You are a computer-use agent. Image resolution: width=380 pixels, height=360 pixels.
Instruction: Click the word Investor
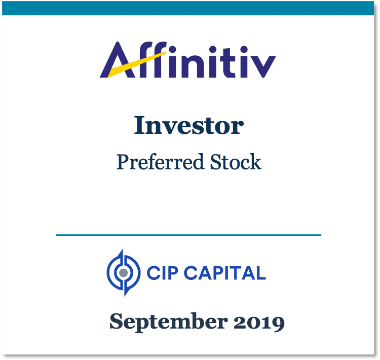[x=188, y=125]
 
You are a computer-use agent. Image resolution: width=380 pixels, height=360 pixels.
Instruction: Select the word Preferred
[x=160, y=162]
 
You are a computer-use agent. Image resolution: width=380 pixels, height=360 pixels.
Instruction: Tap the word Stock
[x=236, y=162]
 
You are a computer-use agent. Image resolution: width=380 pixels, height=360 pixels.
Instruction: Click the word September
[x=169, y=322]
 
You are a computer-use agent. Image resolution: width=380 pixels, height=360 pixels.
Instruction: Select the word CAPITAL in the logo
[x=225, y=273]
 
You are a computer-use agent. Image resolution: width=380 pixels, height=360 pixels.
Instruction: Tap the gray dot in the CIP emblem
[x=124, y=273]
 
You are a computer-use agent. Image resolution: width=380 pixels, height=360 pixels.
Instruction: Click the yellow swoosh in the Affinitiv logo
[x=137, y=64]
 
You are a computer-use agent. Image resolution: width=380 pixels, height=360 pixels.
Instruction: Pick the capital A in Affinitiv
[x=118, y=60]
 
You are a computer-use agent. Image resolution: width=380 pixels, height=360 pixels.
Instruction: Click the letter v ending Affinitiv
[x=262, y=67]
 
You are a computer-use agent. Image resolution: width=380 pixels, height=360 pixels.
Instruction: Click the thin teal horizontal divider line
[x=189, y=235]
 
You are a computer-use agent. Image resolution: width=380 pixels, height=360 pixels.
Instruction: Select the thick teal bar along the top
[x=188, y=8]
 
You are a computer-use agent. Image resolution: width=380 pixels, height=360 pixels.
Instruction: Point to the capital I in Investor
[x=140, y=125]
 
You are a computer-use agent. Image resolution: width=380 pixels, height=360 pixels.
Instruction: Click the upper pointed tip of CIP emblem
[x=123, y=249]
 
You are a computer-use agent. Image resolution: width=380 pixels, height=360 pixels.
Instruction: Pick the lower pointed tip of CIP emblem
[x=125, y=296]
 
